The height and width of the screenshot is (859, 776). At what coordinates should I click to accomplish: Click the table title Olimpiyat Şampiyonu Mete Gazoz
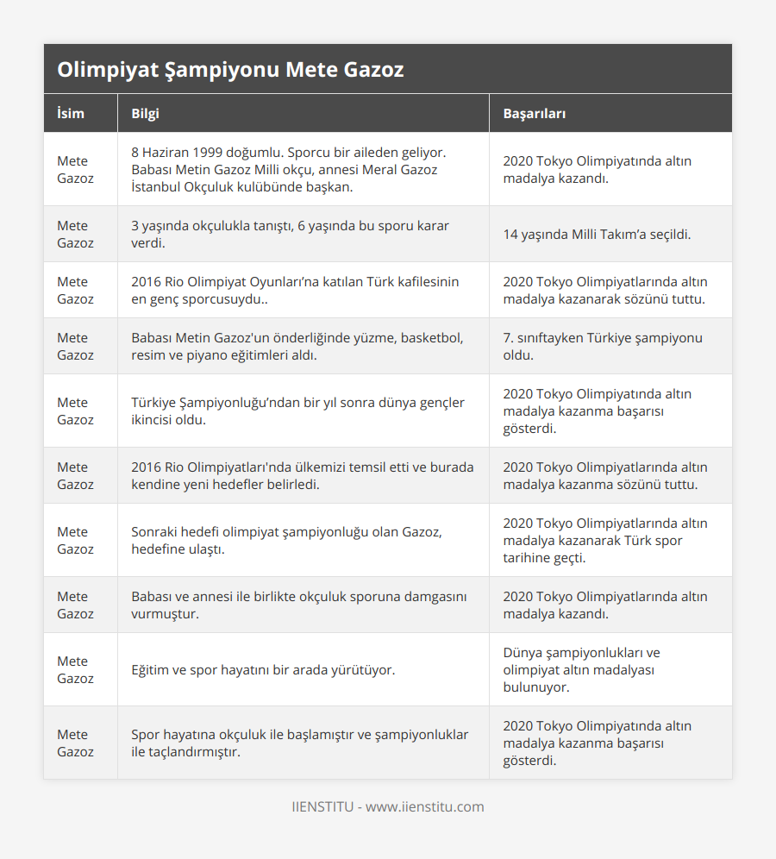230,70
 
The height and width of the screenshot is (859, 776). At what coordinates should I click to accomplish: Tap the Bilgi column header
145,114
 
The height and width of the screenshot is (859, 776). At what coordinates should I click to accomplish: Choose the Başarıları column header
534,114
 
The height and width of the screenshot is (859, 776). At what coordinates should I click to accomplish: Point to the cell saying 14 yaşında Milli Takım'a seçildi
597,234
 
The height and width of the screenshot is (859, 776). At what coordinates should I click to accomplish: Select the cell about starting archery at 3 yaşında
290,234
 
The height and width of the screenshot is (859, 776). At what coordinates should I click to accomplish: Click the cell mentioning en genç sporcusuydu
295,290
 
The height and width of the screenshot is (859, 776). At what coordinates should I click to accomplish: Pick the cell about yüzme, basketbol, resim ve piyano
297,346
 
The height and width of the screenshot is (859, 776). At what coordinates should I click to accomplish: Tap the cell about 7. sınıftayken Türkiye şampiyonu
603,346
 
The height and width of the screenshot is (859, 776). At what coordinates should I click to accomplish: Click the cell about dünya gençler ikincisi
297,411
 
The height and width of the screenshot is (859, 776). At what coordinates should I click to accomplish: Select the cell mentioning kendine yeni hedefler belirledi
302,475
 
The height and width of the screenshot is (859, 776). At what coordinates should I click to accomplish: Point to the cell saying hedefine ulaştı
286,540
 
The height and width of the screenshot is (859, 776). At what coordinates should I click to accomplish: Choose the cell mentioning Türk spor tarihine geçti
604,540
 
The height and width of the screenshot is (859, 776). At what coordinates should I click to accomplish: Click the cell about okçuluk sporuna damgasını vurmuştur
298,605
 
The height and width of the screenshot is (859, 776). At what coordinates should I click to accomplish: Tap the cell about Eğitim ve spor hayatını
263,669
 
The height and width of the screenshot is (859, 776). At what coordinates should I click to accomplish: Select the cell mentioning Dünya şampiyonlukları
582,669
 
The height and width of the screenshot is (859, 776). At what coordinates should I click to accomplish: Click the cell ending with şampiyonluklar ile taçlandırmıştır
299,743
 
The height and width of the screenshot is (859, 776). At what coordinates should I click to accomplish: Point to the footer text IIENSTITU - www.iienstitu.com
387,807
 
